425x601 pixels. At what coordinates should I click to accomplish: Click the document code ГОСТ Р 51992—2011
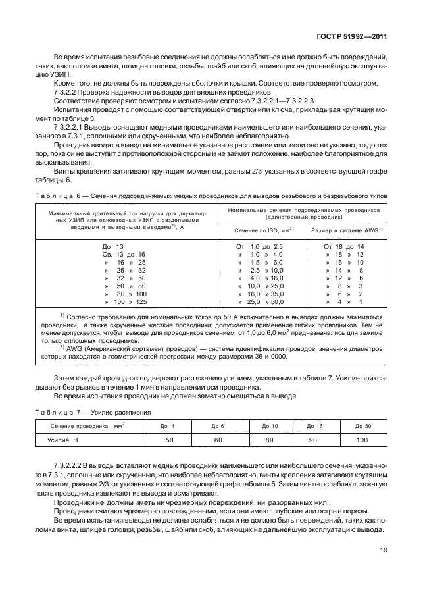click(349, 38)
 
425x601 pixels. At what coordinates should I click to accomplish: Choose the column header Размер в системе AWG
click(344, 230)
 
